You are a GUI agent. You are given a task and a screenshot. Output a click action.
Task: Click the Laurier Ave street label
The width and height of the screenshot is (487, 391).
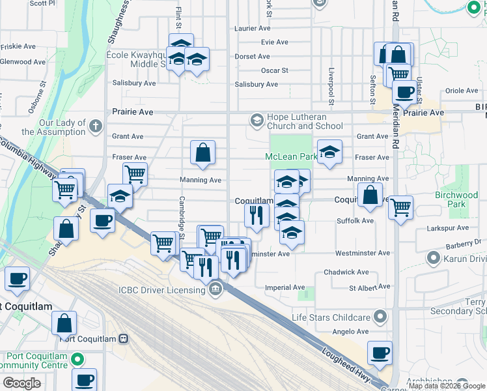[252, 29]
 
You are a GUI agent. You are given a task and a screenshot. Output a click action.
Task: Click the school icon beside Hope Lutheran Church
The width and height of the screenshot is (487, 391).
[257, 121]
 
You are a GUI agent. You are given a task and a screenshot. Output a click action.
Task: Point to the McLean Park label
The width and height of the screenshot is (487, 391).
[290, 157]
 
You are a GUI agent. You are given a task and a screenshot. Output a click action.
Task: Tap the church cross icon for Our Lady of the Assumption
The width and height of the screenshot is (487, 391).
[96, 125]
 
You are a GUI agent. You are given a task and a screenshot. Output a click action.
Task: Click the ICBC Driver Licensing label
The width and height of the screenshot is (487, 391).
[162, 290]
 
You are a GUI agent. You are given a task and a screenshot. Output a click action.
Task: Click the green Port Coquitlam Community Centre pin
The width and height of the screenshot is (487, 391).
[77, 359]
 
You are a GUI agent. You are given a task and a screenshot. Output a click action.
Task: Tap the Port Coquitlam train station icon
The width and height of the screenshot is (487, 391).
[123, 339]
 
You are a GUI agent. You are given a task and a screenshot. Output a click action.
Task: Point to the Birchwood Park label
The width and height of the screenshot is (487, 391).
[456, 199]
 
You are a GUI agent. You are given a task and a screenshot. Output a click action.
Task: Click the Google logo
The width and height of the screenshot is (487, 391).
[21, 383]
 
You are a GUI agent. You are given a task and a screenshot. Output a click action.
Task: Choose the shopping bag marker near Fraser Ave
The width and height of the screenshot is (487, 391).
[202, 152]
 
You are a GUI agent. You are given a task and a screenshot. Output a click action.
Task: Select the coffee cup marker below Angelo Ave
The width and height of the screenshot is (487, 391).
[379, 353]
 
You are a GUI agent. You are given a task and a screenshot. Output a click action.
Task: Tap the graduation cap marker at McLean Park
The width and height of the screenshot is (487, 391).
[329, 152]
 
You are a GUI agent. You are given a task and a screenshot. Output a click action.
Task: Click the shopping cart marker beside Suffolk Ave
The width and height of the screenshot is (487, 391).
[400, 208]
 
